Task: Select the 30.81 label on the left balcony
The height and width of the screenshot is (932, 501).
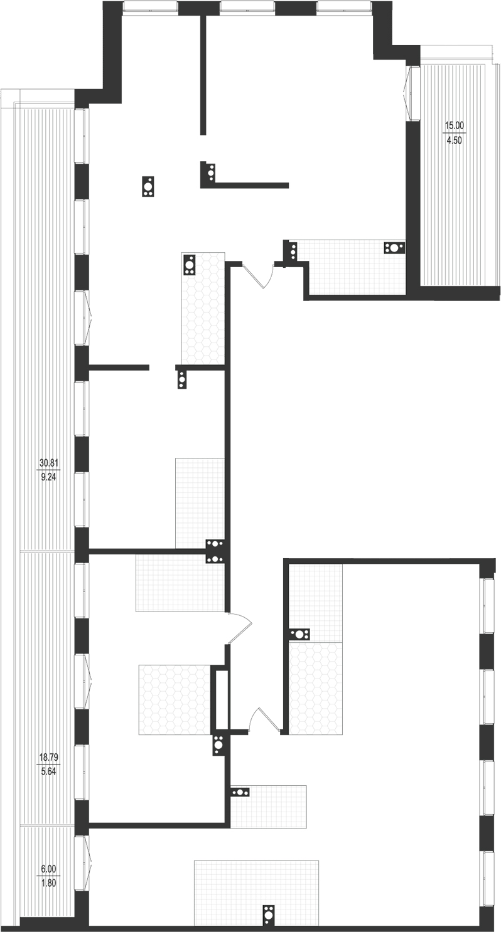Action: (x=48, y=463)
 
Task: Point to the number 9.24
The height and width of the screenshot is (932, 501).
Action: (x=48, y=477)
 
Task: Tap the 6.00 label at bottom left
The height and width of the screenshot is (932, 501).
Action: (x=48, y=869)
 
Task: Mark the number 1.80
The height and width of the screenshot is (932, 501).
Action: (x=48, y=882)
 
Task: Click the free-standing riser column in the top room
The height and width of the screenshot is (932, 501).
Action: (x=149, y=187)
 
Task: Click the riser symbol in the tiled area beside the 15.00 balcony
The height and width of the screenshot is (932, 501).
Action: (x=394, y=247)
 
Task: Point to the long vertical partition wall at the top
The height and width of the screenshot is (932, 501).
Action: (x=203, y=74)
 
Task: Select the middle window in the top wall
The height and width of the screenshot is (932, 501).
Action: (x=247, y=8)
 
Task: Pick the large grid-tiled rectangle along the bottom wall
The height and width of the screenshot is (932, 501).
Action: (x=256, y=884)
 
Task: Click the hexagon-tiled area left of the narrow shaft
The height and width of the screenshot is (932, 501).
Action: (x=174, y=699)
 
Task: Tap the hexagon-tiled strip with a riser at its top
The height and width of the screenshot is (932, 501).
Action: (x=203, y=310)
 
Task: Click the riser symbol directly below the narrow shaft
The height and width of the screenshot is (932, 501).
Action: (x=218, y=745)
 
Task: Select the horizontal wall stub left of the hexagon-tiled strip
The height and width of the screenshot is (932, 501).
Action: (x=119, y=366)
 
